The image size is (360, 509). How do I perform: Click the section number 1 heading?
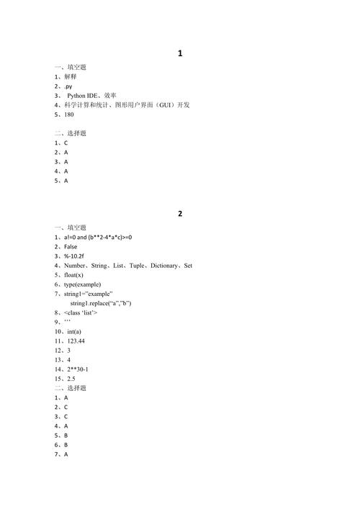click(x=180, y=53)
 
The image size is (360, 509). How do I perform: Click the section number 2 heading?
click(x=180, y=214)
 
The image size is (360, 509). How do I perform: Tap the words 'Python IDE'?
click(x=83, y=95)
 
